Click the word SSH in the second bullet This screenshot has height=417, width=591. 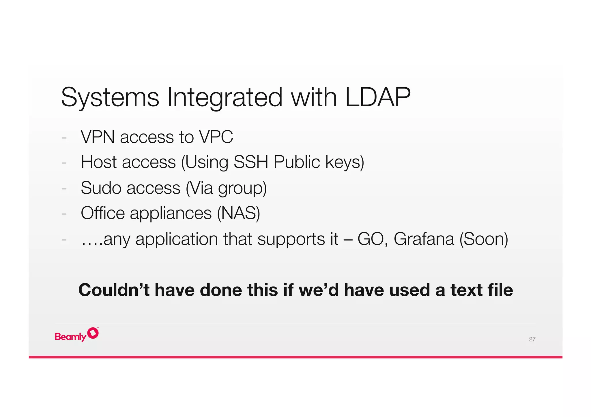point(251,162)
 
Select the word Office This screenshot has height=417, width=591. point(103,213)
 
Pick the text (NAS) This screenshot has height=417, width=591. point(238,213)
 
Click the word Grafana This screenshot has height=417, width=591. point(424,239)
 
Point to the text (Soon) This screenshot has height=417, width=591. point(484,239)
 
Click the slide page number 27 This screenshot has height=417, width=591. point(532,339)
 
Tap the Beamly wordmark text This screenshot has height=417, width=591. point(70,337)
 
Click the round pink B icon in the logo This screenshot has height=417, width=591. point(93,333)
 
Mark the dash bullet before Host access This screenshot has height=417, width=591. point(64,163)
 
